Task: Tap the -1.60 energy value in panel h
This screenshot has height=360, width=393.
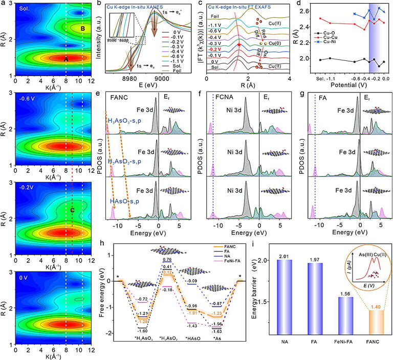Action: pyautogui.click(x=143, y=331)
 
